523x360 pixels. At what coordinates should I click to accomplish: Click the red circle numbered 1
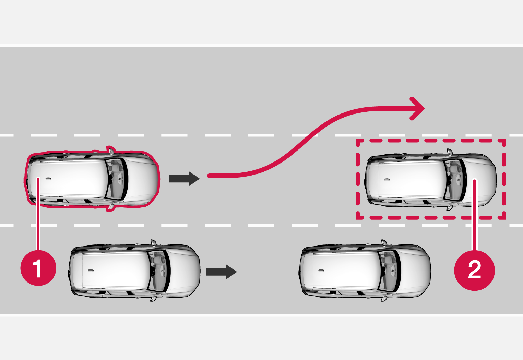[x=38, y=268]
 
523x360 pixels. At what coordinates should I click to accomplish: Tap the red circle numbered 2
[x=474, y=270]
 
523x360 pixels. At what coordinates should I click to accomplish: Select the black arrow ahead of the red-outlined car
[x=184, y=179]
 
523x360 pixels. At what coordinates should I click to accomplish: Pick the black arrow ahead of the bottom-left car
[x=221, y=272]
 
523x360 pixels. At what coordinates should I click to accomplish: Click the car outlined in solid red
[x=93, y=179]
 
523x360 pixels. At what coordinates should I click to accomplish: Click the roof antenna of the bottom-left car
[x=91, y=271]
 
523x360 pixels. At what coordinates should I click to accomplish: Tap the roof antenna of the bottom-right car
[x=321, y=271]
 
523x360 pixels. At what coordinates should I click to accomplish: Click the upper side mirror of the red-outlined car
[x=111, y=149]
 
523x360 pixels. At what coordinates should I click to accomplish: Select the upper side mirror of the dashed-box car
[x=449, y=152]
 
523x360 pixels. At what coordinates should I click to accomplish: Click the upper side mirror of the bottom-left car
[x=153, y=242]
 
